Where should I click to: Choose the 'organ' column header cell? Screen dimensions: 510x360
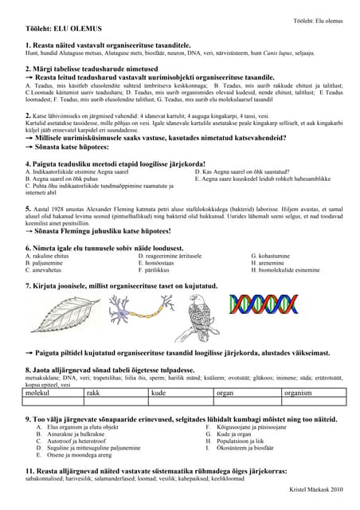point(224,393)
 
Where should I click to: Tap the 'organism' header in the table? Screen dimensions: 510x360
point(298,393)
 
